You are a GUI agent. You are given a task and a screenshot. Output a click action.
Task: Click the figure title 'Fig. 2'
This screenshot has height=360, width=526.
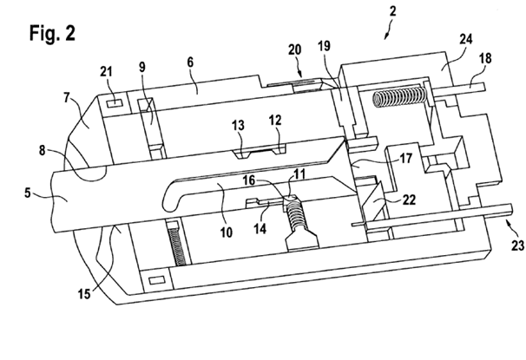click(52, 33)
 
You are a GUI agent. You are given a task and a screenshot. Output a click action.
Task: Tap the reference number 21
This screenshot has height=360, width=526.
click(106, 71)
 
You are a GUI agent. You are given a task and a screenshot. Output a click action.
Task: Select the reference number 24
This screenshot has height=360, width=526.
click(466, 39)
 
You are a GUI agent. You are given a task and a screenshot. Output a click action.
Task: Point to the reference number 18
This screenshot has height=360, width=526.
click(485, 58)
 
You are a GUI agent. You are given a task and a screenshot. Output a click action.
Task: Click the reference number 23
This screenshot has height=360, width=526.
click(518, 245)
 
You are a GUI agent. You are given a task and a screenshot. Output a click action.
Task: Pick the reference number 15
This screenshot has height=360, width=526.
click(84, 294)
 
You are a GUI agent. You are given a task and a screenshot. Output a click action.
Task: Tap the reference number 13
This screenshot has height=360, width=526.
click(238, 126)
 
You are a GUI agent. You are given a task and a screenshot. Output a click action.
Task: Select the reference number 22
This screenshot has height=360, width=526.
click(409, 200)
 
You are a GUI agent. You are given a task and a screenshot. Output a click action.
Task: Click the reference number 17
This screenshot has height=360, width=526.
click(406, 158)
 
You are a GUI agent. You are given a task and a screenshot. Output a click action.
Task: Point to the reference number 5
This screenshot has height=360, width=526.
click(28, 193)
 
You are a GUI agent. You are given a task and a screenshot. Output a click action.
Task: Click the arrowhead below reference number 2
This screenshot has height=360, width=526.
click(386, 36)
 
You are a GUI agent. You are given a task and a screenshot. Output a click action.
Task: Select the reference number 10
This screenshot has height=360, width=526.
click(227, 232)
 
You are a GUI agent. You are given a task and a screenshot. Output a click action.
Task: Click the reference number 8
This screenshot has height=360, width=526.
click(42, 150)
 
